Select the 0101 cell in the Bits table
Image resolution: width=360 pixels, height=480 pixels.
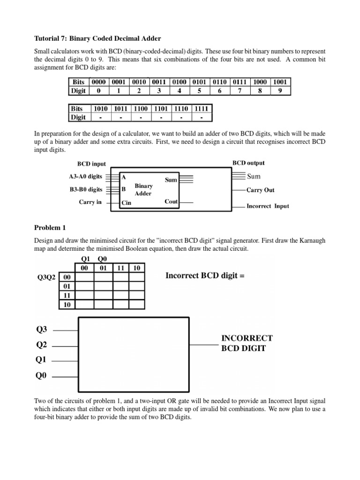coord(201,82)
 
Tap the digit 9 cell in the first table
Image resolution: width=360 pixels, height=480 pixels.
coord(280,90)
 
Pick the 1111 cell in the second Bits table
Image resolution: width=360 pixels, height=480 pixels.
coord(202,108)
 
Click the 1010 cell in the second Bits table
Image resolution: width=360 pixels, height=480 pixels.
coord(101,108)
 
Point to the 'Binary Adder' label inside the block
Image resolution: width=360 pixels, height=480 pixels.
coord(143,189)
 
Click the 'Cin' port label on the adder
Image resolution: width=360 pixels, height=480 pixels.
coord(126,203)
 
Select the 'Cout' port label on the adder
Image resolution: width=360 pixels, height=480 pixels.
coord(171,202)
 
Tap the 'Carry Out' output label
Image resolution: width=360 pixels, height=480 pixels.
coord(261,190)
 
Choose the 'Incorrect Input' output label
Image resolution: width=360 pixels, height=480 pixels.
coord(268,206)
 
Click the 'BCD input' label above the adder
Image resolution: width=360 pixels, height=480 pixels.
coord(91,164)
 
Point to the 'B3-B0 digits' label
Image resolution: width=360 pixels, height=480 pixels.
coord(85,189)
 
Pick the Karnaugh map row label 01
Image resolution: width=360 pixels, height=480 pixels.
coord(66,286)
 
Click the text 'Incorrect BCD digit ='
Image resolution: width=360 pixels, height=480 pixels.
coord(205,276)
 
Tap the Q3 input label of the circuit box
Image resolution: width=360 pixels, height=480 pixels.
coord(42,330)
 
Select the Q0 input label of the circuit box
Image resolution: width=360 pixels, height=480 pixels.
coord(42,375)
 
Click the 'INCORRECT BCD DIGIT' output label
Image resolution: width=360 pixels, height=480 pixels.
coord(247,343)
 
